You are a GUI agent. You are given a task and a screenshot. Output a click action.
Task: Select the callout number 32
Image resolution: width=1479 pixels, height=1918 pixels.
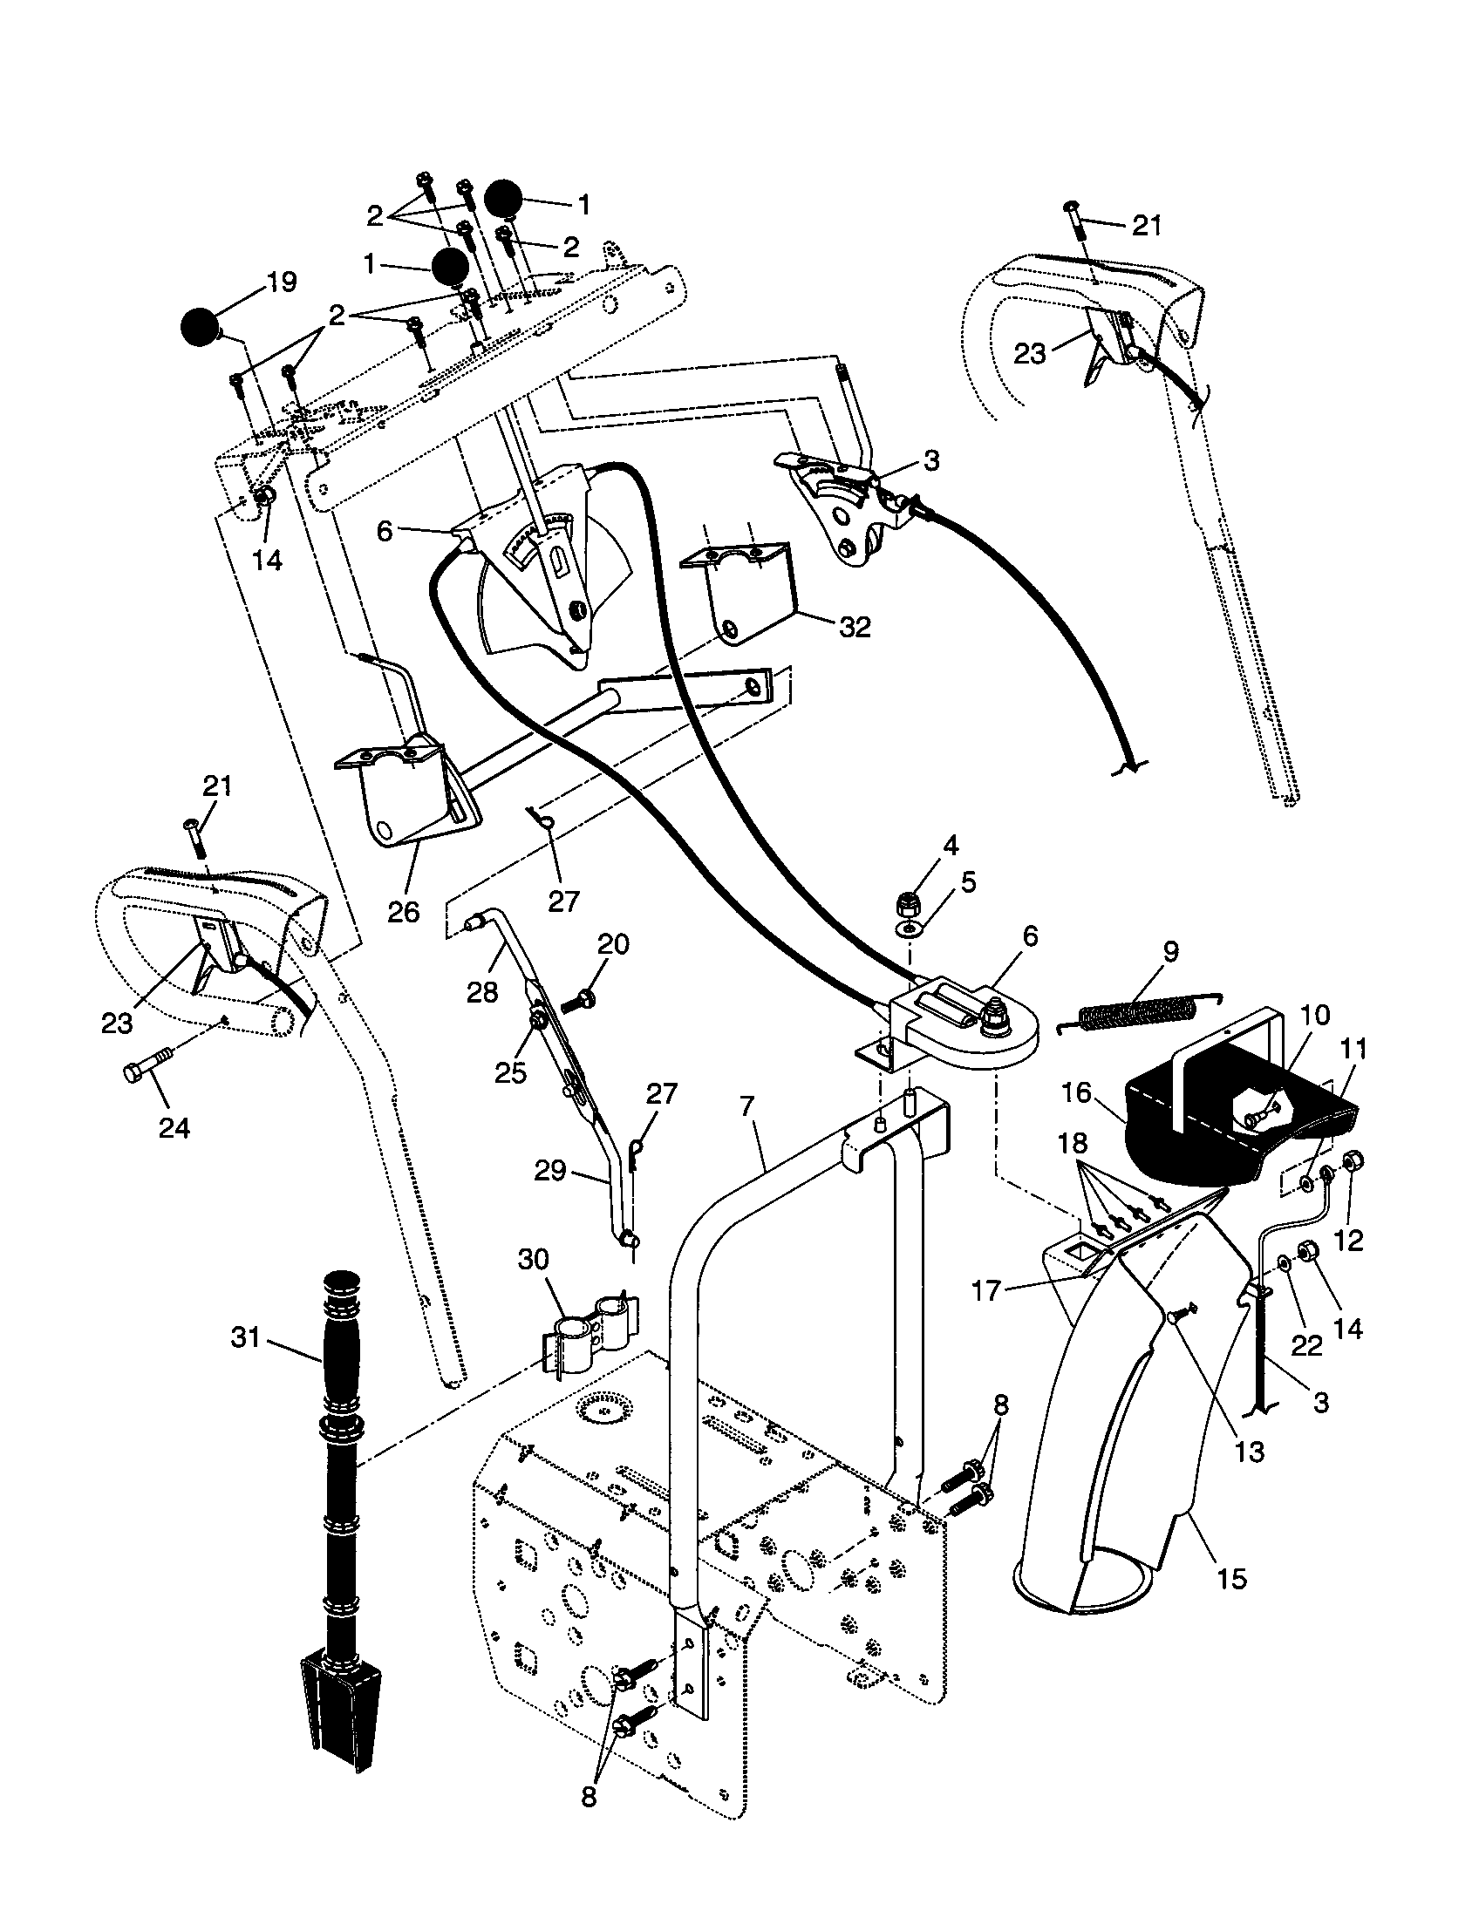click(854, 626)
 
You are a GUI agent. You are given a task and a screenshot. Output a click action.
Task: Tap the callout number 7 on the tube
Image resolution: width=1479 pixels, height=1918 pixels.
click(746, 1106)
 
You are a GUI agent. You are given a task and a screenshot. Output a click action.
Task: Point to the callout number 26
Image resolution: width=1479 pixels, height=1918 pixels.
click(404, 912)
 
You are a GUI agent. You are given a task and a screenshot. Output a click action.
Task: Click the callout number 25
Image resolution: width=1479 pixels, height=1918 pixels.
click(509, 1072)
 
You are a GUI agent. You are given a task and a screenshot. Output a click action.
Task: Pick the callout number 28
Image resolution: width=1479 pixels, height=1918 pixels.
click(482, 992)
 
